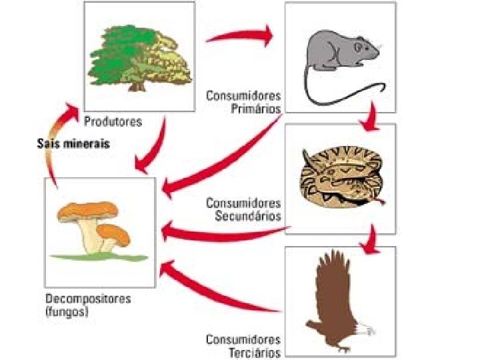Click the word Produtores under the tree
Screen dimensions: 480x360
point(113,122)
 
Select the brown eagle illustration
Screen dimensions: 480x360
point(337,300)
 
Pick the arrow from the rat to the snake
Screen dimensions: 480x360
point(368,120)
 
